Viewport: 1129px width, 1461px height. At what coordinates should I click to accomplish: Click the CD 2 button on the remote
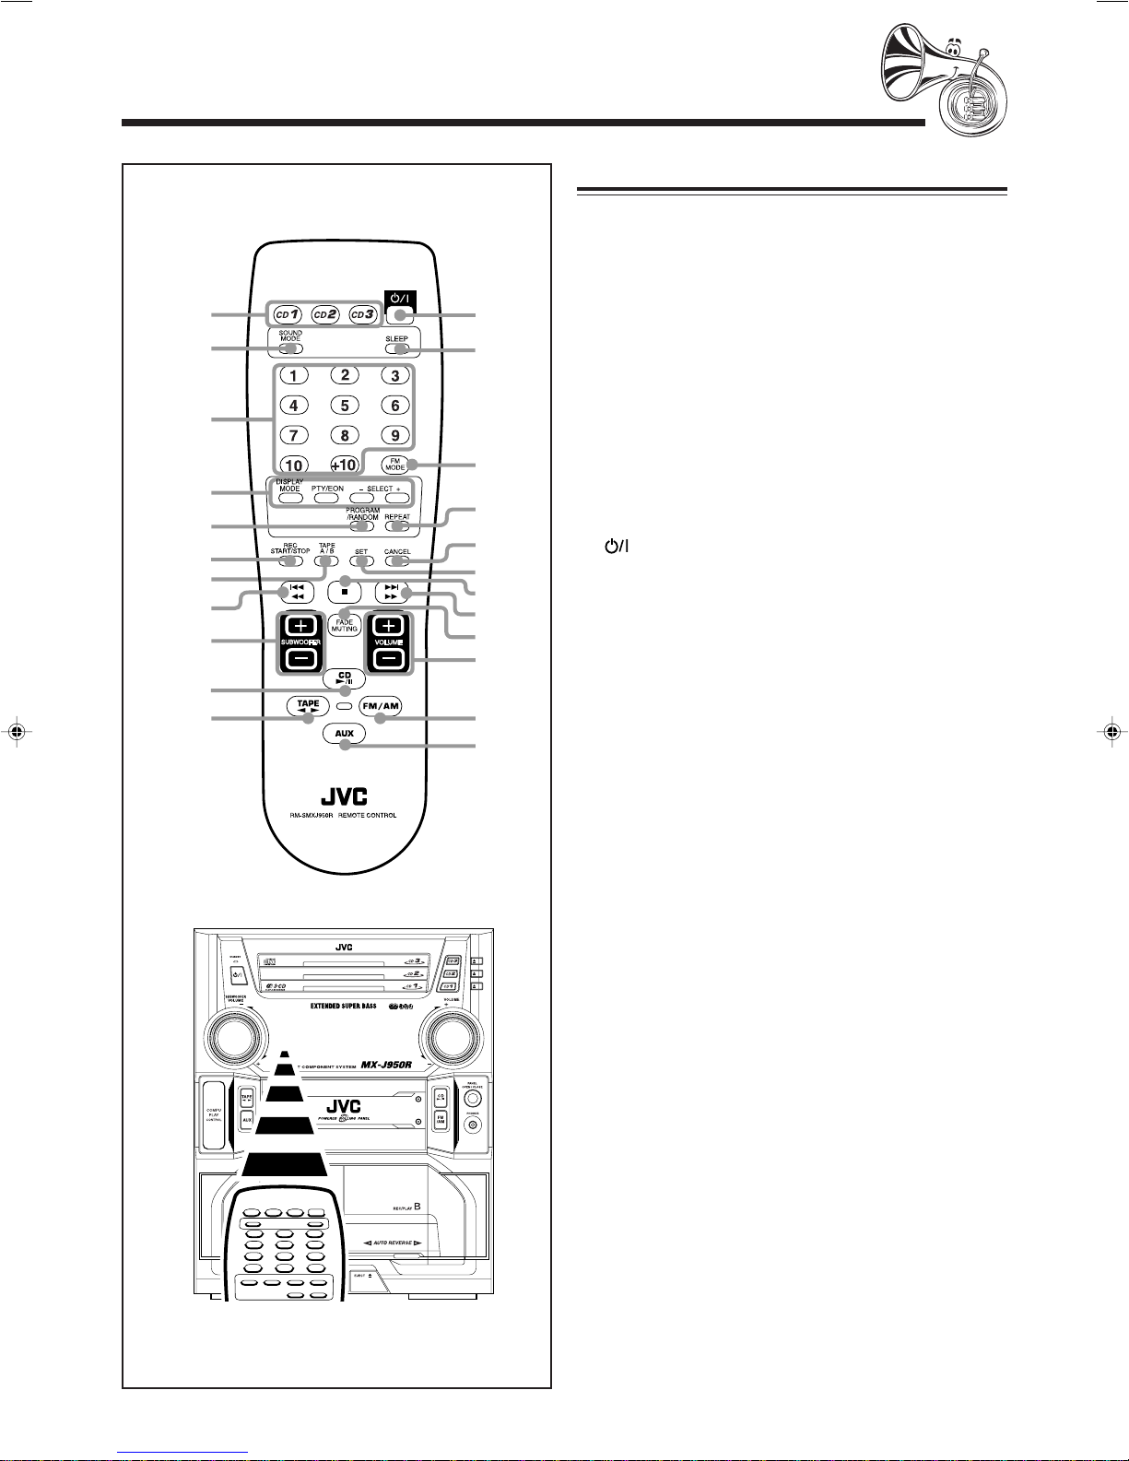[x=323, y=315]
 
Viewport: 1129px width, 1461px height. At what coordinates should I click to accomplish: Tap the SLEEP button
[x=397, y=349]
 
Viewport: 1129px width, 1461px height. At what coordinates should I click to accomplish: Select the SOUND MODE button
[x=290, y=349]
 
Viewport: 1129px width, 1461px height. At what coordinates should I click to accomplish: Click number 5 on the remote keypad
[x=344, y=406]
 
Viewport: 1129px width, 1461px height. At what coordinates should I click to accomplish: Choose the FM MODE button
[x=394, y=465]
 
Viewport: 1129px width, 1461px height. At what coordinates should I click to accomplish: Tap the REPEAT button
[x=397, y=527]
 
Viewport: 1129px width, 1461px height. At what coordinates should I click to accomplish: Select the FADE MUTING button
[x=345, y=624]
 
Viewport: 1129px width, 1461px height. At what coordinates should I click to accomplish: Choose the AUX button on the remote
[x=345, y=735]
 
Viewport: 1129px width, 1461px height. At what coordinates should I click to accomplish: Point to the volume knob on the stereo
[x=453, y=1037]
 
